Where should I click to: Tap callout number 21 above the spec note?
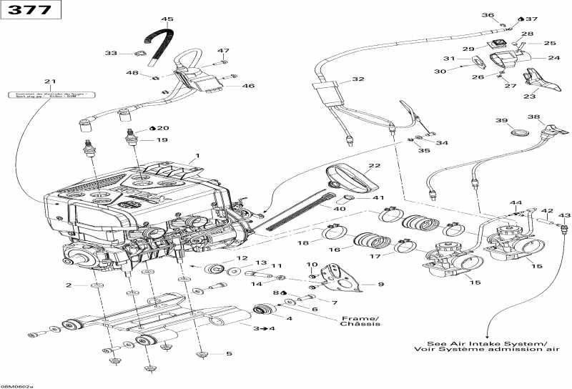pos(49,81)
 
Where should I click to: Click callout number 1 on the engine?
pos(198,156)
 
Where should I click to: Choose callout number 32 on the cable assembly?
pos(357,79)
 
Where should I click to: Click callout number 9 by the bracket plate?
pos(380,285)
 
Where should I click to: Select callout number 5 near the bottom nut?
pos(229,353)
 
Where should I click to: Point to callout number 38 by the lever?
pos(533,117)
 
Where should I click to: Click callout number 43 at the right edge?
pos(564,215)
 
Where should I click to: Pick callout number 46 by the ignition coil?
pos(248,86)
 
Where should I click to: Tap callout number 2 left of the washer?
pos(69,285)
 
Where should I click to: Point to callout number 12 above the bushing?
pos(242,258)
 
